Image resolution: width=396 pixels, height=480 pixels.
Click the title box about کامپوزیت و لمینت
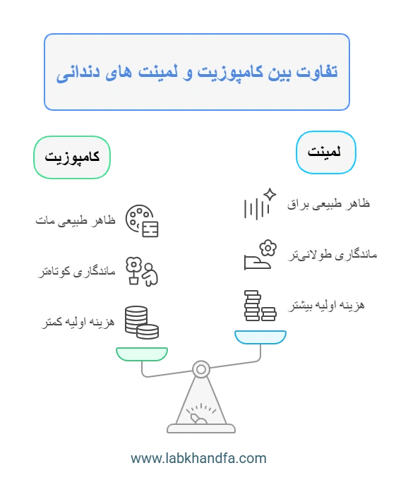(x=197, y=72)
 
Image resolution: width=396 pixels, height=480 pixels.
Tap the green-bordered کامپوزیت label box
(x=72, y=157)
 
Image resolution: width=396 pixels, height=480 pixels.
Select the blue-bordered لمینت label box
(x=326, y=152)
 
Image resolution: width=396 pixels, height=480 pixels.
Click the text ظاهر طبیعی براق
(x=328, y=204)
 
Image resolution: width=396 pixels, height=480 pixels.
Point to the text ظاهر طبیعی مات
(x=76, y=220)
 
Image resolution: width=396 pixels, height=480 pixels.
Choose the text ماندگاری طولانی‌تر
(x=332, y=255)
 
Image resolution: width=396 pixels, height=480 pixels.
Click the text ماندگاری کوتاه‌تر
(x=76, y=271)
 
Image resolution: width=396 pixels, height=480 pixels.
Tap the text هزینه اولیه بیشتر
(x=326, y=305)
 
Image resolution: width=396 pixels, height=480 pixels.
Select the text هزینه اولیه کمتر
(x=78, y=322)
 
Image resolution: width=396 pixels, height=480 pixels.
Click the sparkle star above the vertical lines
(x=270, y=195)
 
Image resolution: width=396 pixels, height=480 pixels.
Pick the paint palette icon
(x=142, y=221)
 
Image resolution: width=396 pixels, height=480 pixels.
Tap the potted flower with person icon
(x=142, y=271)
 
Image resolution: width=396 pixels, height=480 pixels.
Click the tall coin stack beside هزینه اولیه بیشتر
(x=253, y=306)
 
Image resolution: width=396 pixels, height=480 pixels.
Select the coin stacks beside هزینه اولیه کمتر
(x=142, y=323)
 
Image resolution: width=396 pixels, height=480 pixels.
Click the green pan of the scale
(x=142, y=354)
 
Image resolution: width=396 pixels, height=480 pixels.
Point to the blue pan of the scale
(x=260, y=337)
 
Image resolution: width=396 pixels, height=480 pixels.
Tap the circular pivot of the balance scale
(x=201, y=369)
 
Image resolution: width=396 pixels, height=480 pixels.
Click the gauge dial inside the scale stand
(x=200, y=414)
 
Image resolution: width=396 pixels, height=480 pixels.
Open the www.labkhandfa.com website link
(x=198, y=458)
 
